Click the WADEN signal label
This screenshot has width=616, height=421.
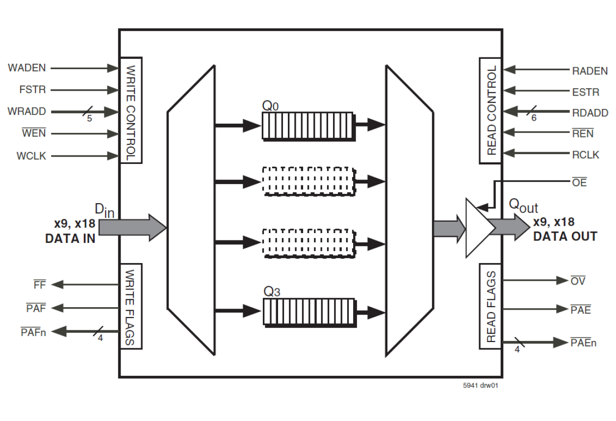27,68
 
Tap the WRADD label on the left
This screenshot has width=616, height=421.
27,111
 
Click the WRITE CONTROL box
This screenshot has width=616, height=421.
131,110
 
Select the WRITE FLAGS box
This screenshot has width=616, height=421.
131,306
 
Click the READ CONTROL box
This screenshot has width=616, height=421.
490,110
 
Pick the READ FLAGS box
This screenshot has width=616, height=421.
490,306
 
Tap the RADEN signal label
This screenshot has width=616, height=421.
590,71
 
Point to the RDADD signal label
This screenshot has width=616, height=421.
590,113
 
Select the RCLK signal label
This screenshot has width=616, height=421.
586,155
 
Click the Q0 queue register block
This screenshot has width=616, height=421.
307,126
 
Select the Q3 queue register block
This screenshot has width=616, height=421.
308,312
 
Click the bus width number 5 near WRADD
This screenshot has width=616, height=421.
89,118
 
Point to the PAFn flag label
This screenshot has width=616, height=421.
34,332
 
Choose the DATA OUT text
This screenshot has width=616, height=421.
565,236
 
